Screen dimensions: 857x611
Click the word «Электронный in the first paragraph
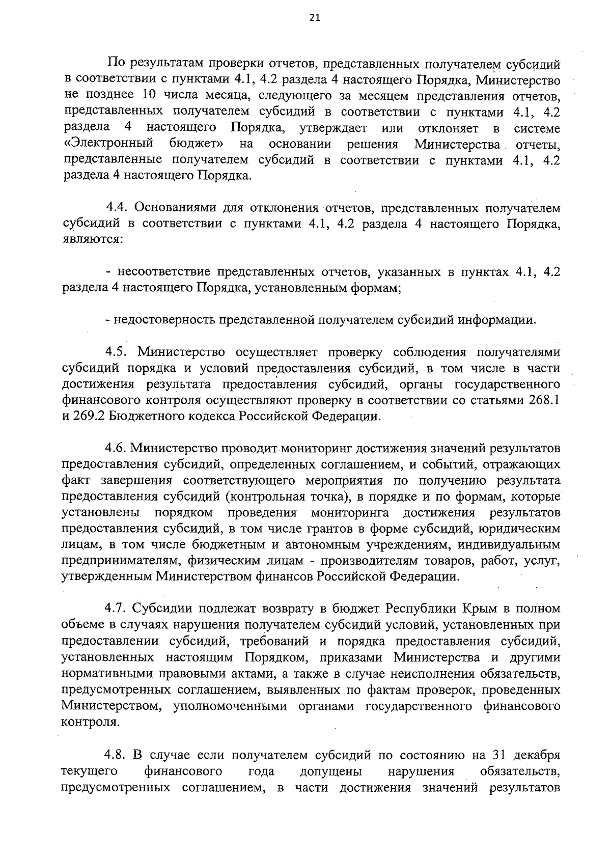(109, 144)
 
